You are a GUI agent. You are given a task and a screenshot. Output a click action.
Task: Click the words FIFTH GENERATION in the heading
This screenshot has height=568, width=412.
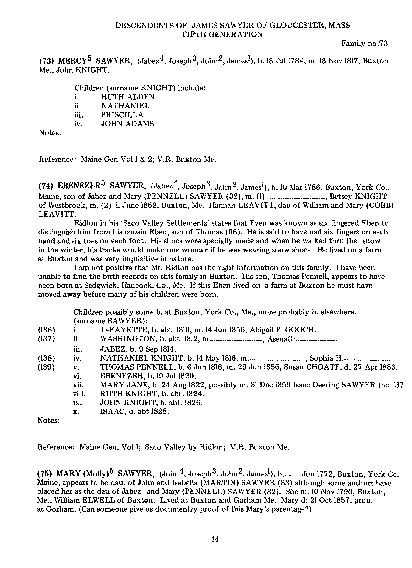coord(222,35)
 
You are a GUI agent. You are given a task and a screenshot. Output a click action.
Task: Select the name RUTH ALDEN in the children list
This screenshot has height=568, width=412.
coord(128,97)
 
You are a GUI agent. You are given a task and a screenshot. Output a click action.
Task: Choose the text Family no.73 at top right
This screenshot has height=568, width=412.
coord(365,44)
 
